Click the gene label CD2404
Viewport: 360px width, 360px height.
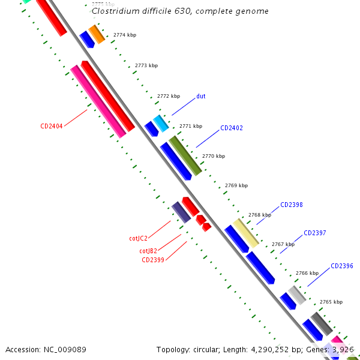coord(52,126)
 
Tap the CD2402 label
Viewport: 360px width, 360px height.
coord(231,128)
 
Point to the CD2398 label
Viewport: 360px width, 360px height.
coord(291,205)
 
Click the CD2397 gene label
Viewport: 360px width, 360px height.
coord(314,233)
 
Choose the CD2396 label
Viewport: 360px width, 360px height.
coord(342,266)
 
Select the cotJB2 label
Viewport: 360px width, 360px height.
coord(148,251)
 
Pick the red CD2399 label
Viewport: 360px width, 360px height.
coord(153,260)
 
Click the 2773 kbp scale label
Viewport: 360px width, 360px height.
coord(146,65)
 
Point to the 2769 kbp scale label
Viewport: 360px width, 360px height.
coord(236,186)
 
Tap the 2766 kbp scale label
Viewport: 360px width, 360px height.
coord(307,273)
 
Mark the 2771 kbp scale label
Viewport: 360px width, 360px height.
coord(191,127)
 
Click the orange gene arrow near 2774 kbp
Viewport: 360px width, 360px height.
coord(97,34)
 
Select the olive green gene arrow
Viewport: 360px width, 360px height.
coord(185,155)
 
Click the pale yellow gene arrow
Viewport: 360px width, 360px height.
coord(245,233)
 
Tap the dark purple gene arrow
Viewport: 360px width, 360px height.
coord(181,212)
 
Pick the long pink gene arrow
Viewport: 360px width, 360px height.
coord(98,101)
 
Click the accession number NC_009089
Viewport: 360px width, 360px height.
coord(46,349)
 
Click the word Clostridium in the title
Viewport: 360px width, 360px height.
coord(114,11)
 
